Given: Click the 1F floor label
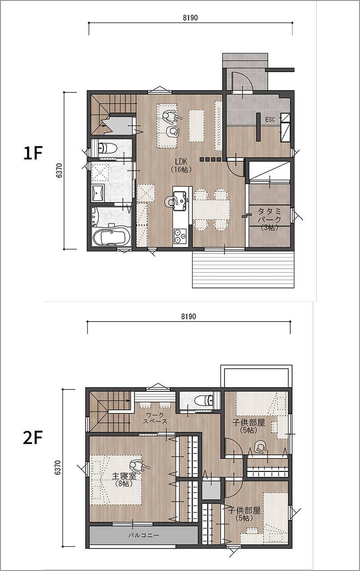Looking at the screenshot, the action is coord(32,153).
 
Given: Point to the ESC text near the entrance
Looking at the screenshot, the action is coord(270,119).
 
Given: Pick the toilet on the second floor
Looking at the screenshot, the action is coord(204,400).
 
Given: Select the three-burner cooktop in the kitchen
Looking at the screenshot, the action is coord(180,236).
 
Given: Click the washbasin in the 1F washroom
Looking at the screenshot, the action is coord(98,194).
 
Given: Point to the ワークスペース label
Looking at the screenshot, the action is coord(155,418).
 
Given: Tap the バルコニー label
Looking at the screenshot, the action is coord(144,535).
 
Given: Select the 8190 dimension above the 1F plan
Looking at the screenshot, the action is coord(190,18).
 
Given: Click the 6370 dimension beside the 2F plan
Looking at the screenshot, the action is coord(58,467).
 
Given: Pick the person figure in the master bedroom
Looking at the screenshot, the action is coord(138,467).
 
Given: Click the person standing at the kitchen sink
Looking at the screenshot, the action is coord(171,201).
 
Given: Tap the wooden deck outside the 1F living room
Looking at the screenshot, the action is coord(243,270).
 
